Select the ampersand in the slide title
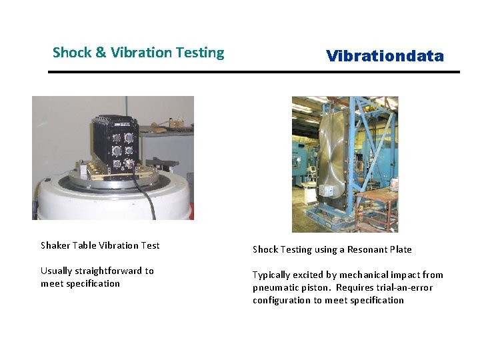101,53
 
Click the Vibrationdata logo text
385,56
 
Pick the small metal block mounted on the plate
327,191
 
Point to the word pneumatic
275,287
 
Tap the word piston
316,287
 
